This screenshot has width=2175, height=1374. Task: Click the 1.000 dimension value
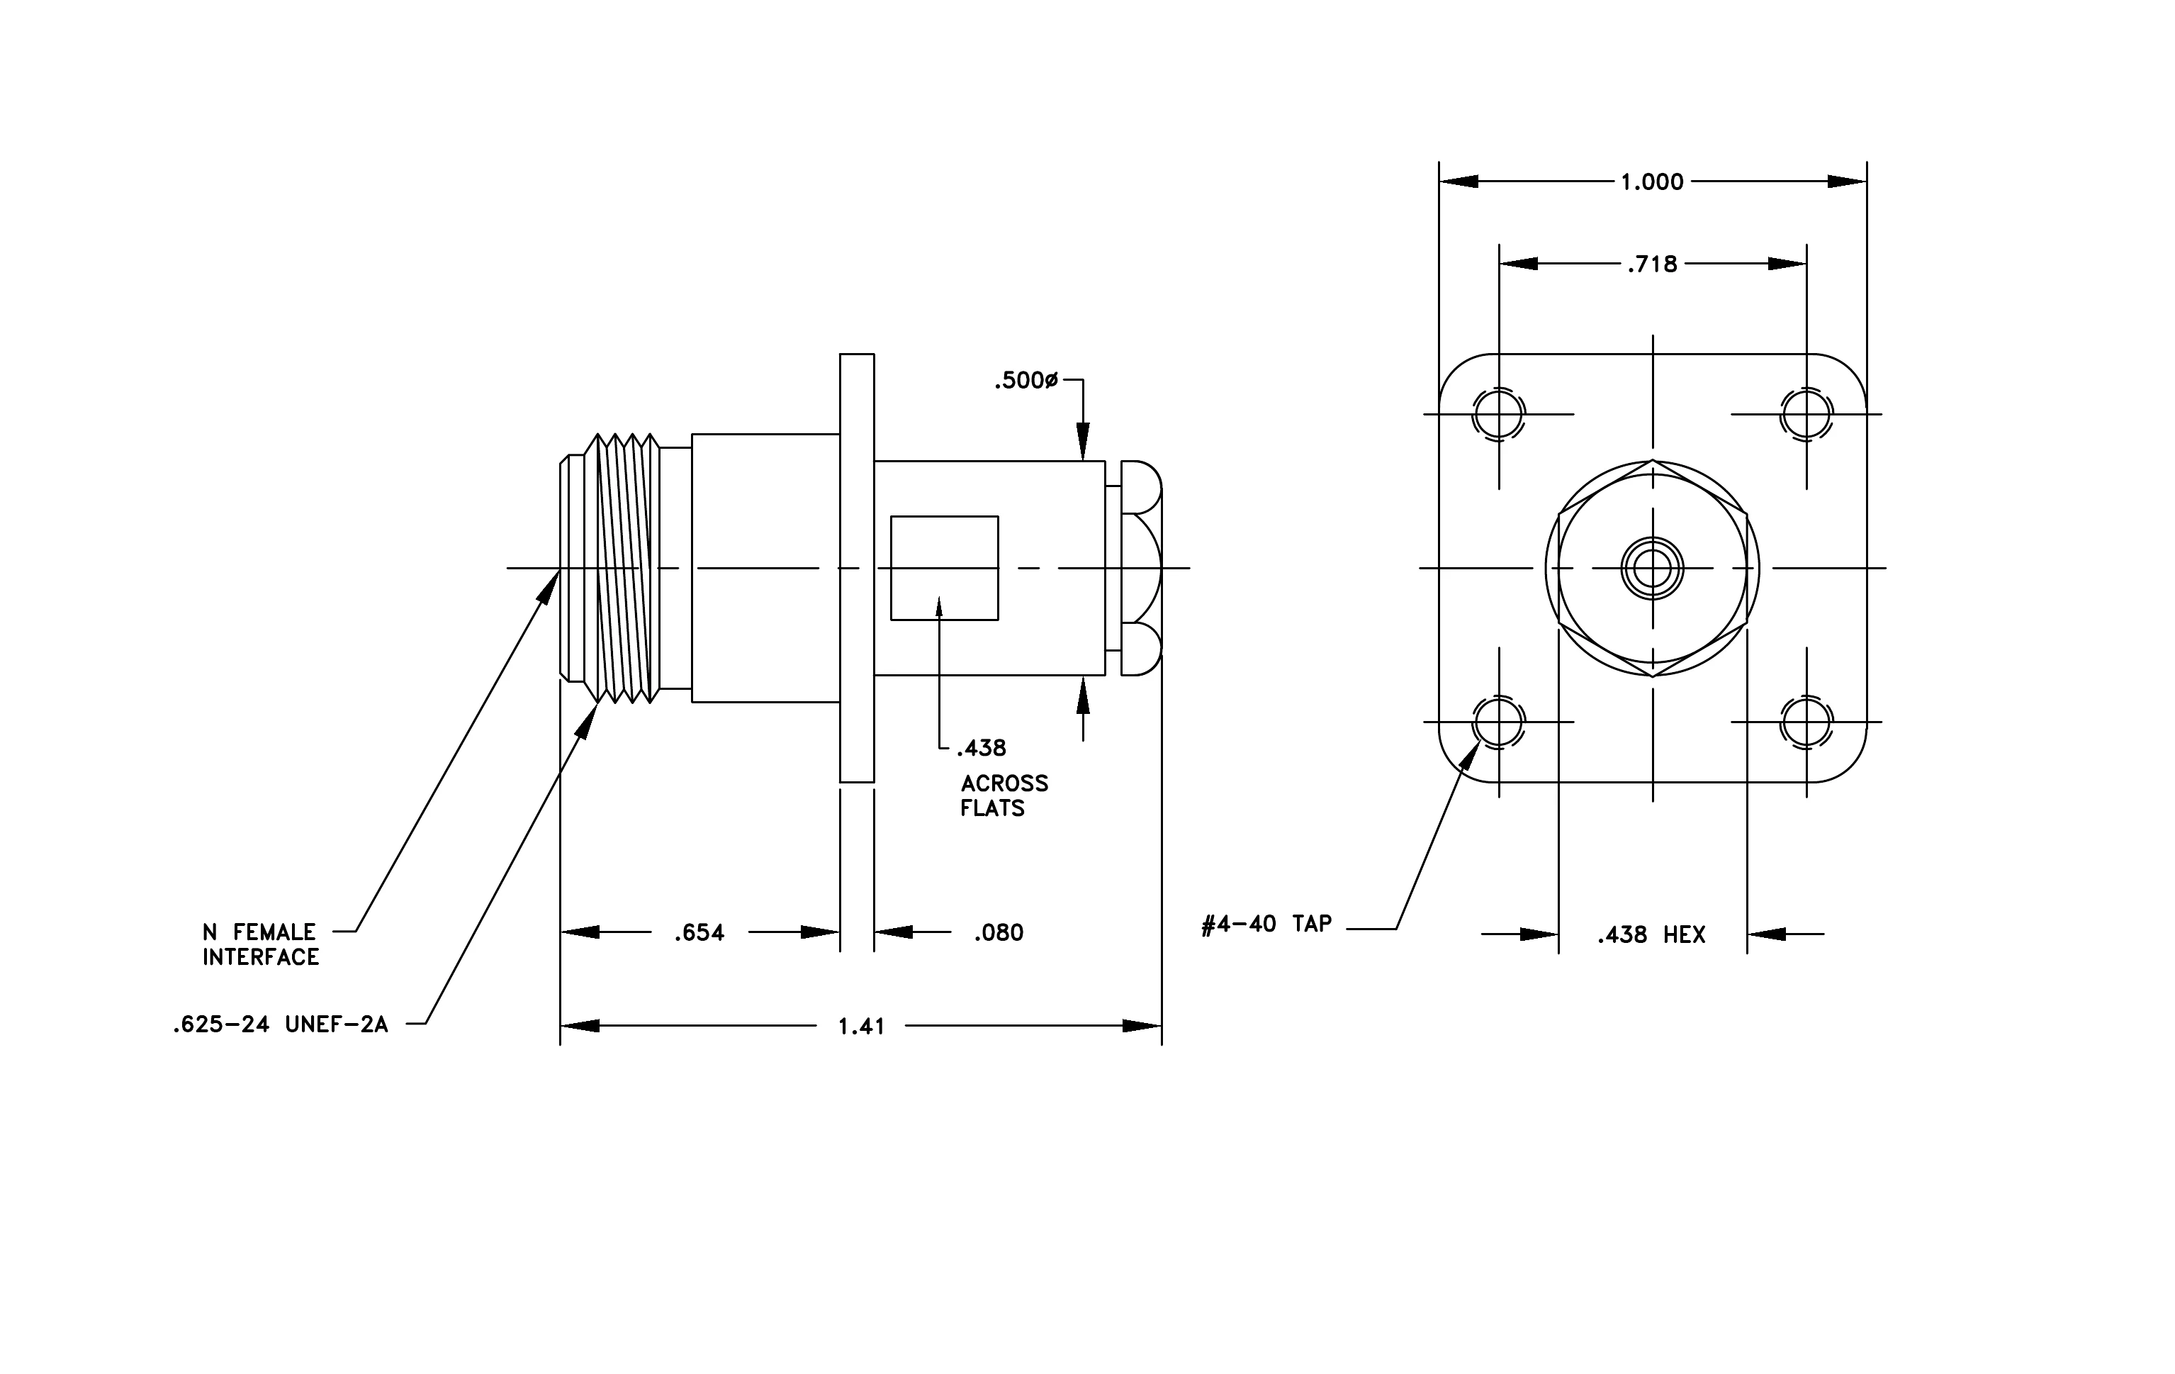coord(1651,182)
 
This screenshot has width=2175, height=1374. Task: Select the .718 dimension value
coord(1652,264)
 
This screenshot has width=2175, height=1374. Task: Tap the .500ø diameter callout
coord(1025,381)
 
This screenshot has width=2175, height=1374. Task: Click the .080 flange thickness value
coord(998,933)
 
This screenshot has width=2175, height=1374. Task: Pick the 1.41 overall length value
coord(861,1027)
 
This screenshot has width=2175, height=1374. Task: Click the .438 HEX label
coord(1651,935)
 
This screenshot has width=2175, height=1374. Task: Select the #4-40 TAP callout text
coord(1266,924)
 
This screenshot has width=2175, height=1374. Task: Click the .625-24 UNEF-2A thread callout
coord(280,1024)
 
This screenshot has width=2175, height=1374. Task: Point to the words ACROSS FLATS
coord(1004,796)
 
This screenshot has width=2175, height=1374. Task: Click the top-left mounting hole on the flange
coord(1498,415)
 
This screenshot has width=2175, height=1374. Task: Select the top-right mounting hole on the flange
coord(1806,415)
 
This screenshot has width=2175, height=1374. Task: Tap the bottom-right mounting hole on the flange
coord(1806,722)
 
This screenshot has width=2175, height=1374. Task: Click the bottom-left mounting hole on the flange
coord(1498,722)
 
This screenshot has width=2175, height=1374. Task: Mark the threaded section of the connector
coord(622,568)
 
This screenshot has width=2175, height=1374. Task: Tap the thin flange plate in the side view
coord(858,568)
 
